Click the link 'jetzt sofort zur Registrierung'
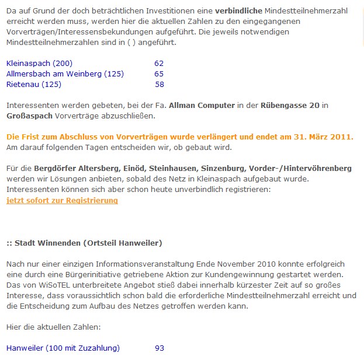click(x=62, y=201)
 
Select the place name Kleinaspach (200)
click(x=39, y=63)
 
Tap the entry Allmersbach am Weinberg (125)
click(x=65, y=74)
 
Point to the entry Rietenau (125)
click(x=33, y=85)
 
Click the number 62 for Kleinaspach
click(x=159, y=63)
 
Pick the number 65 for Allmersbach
click(x=159, y=74)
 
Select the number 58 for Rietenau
click(x=160, y=85)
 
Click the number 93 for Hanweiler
click(x=160, y=348)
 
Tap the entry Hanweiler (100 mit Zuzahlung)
click(x=63, y=348)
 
